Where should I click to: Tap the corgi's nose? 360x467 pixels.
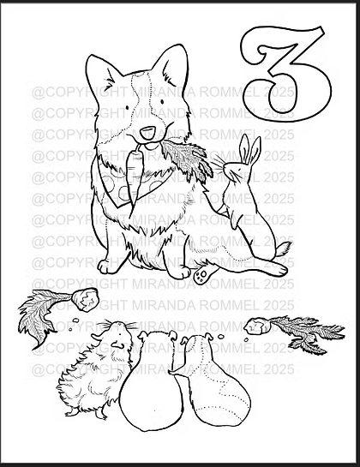click(x=148, y=132)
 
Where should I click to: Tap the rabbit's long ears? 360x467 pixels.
click(x=248, y=149)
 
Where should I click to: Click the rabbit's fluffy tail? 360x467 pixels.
click(x=284, y=249)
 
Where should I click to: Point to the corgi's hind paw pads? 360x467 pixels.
click(x=202, y=274)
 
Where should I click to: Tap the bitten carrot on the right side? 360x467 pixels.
click(x=257, y=326)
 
